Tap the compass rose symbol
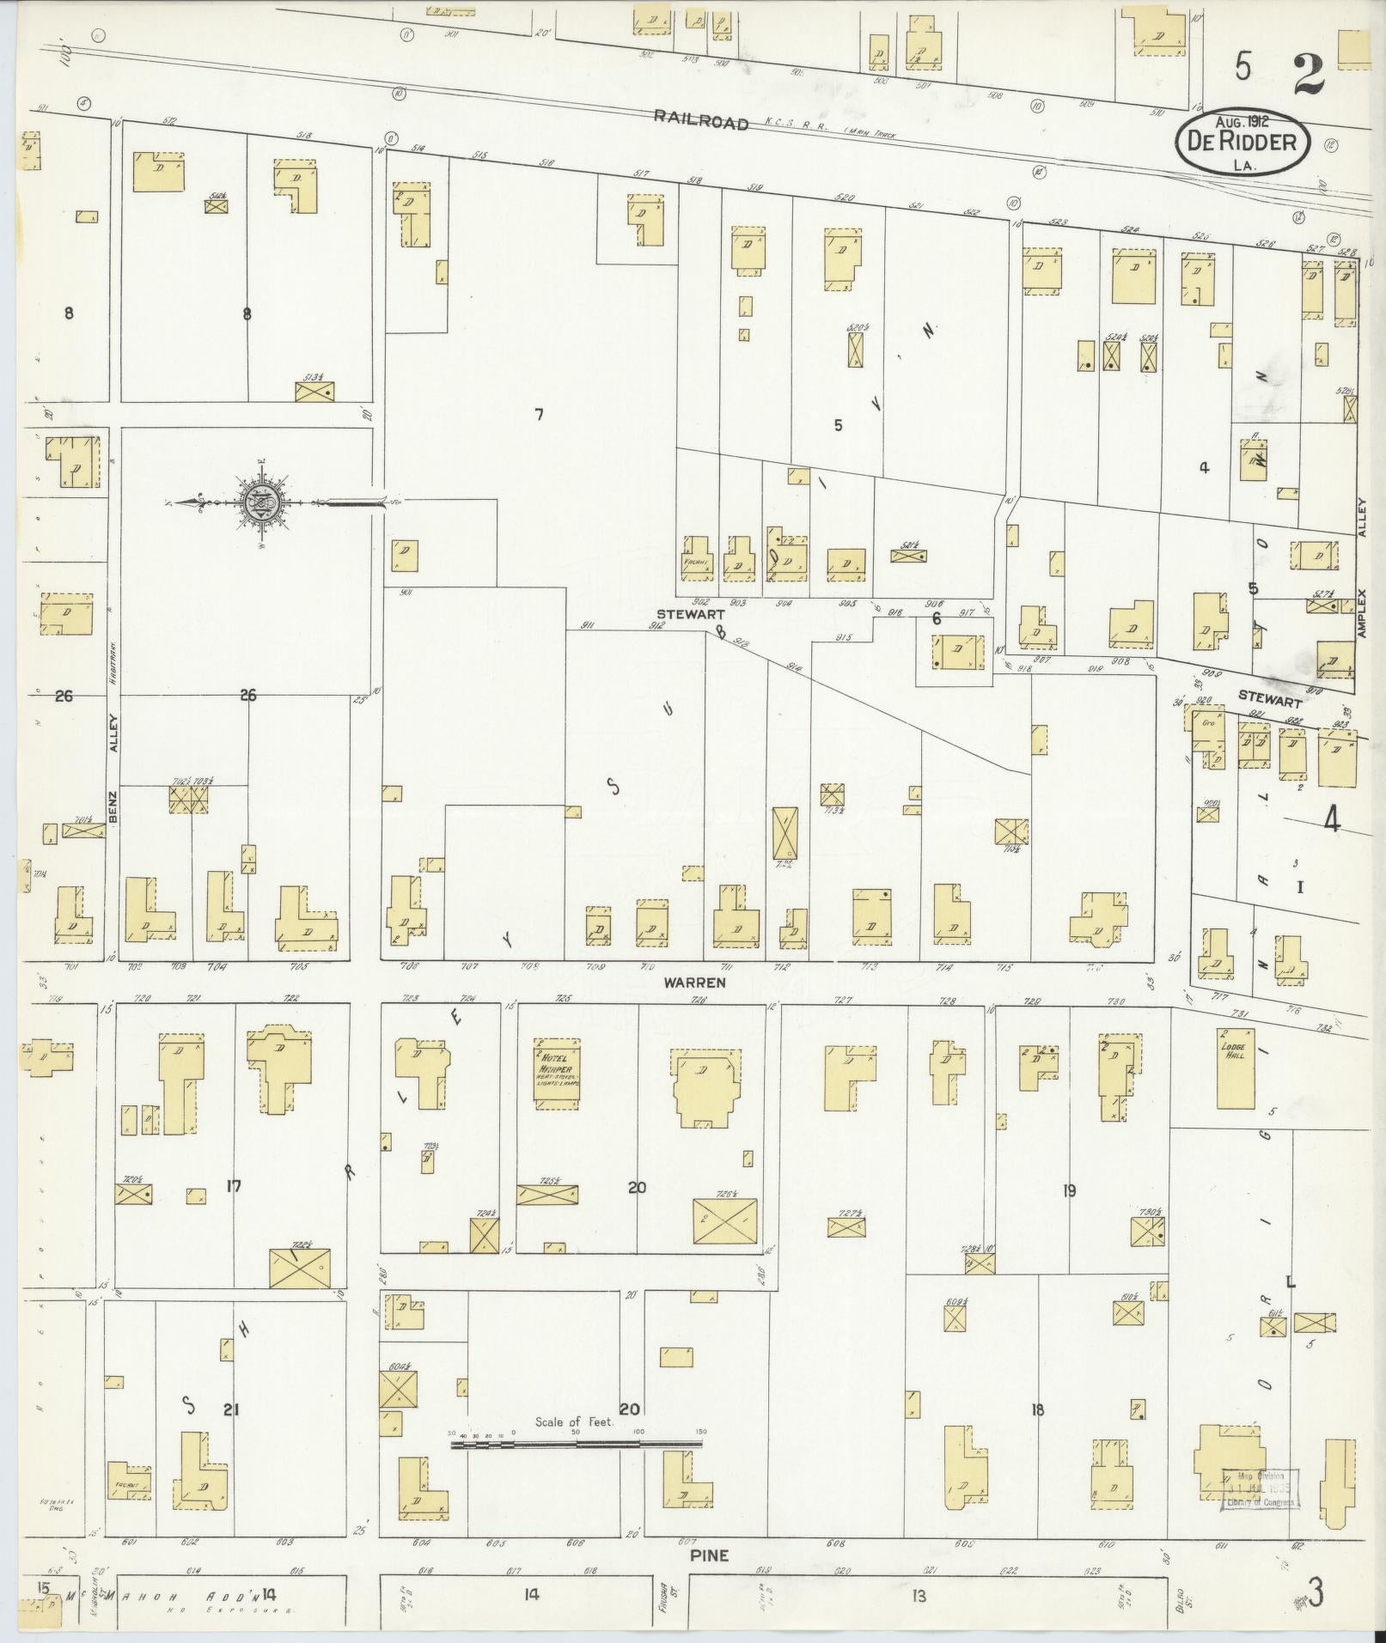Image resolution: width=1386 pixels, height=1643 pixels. coord(260,503)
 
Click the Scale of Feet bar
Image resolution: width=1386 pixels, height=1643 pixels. coord(576,1445)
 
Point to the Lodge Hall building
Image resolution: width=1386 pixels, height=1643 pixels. coord(1236,1068)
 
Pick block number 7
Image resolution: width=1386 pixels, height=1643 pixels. coord(538,416)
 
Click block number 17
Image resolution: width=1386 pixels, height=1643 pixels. coord(233,1187)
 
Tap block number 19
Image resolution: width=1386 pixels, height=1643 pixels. coord(1069,1190)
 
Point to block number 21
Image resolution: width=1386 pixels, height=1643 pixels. coord(229,1409)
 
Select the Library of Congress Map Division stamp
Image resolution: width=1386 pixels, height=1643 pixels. coord(1259,1488)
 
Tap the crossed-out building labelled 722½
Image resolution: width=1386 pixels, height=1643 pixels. coord(299,1268)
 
